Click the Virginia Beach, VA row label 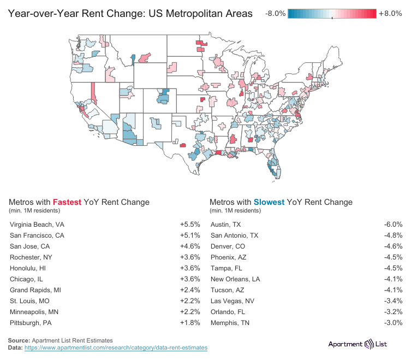pyautogui.click(x=37, y=225)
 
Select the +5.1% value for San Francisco pyautogui.click(x=189, y=235)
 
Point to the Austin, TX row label pyautogui.click(x=225, y=225)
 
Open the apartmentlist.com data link pyautogui.click(x=116, y=347)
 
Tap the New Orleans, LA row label pyautogui.click(x=235, y=279)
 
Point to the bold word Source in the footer pyautogui.click(x=19, y=340)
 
